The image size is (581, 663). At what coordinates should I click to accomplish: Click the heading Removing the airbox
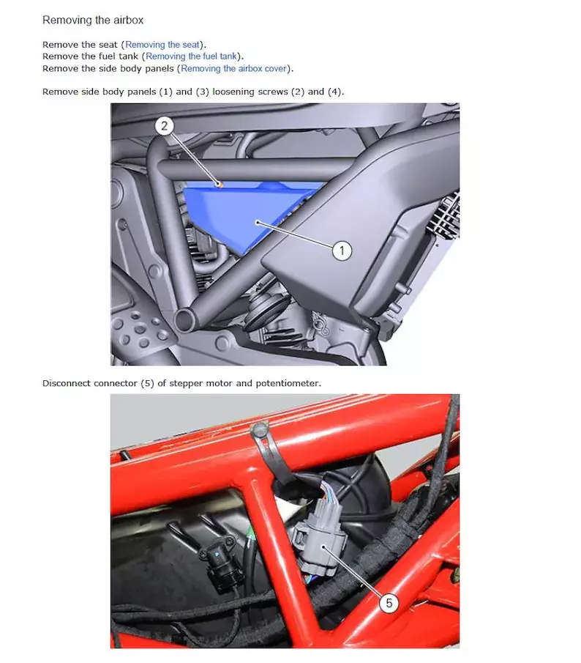coord(93,20)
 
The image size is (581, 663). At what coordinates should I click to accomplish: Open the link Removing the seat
coord(162,45)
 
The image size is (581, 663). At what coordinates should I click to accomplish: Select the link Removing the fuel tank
coord(191,56)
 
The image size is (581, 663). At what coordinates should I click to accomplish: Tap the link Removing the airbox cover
coord(234,68)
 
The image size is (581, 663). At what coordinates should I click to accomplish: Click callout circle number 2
coord(164,125)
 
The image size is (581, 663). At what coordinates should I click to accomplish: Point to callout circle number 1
coord(342,251)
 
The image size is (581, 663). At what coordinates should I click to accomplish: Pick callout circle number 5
coord(389,602)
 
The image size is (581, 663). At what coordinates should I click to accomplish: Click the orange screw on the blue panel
coord(220,184)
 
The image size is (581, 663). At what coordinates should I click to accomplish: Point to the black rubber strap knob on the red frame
coord(259,431)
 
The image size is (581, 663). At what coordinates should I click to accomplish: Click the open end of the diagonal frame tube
coord(184,318)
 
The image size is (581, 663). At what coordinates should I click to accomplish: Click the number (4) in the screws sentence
coord(336,92)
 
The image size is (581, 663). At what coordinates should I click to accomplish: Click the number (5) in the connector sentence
coord(147,383)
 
